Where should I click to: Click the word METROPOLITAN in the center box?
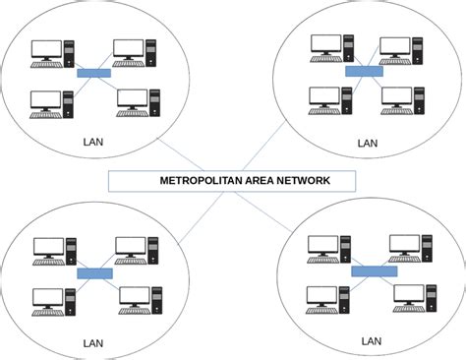point(200,181)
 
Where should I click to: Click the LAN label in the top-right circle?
point(367,143)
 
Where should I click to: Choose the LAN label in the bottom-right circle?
point(371,340)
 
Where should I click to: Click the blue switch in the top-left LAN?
point(95,73)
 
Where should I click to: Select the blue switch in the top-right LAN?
point(364,70)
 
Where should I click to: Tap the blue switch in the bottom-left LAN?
point(94,272)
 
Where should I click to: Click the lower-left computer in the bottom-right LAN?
point(328,298)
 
